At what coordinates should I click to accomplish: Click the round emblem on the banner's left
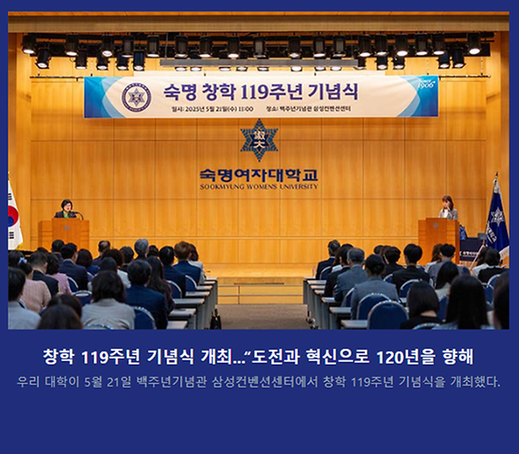pos(136,96)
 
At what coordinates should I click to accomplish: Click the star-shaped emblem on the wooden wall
pos(259,139)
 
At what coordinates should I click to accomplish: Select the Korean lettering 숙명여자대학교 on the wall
pos(259,173)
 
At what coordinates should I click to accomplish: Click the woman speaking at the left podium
pos(66,209)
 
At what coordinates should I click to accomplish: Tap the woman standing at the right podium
pos(447,208)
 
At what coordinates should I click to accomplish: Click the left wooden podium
pos(65,232)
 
